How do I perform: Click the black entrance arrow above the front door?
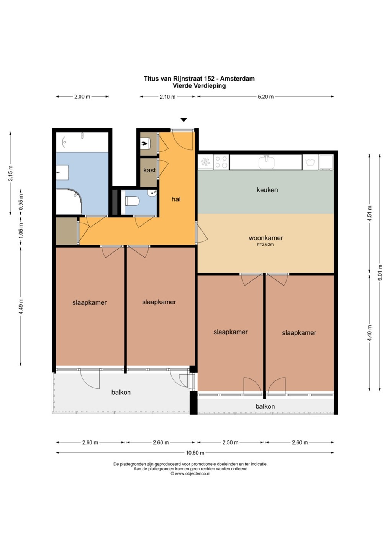click(x=184, y=120)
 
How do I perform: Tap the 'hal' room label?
click(x=176, y=199)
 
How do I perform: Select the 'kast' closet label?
click(x=149, y=170)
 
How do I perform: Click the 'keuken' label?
click(x=267, y=190)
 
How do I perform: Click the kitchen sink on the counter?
click(x=266, y=163)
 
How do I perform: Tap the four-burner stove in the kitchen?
click(x=221, y=162)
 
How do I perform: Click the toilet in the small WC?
click(x=132, y=201)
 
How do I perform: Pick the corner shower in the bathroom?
click(x=69, y=201)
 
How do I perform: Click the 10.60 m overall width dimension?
click(x=195, y=453)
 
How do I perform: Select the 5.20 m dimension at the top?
click(x=265, y=97)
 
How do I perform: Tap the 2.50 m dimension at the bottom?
click(x=230, y=442)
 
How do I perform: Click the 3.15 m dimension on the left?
click(x=11, y=173)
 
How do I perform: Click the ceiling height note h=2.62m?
click(x=265, y=245)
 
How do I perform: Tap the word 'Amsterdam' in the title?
click(x=237, y=79)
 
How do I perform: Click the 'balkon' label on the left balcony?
click(x=121, y=392)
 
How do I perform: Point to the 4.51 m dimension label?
click(x=369, y=214)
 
